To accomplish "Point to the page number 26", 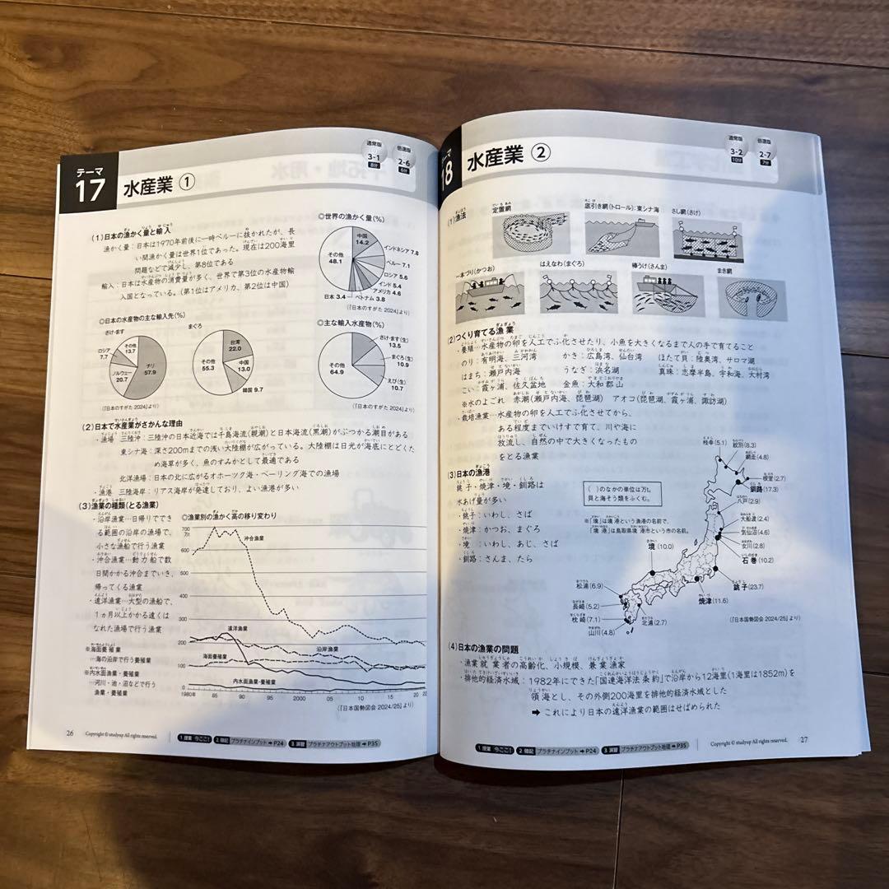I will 70,732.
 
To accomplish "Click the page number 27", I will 804,739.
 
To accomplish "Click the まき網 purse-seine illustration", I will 751,298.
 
